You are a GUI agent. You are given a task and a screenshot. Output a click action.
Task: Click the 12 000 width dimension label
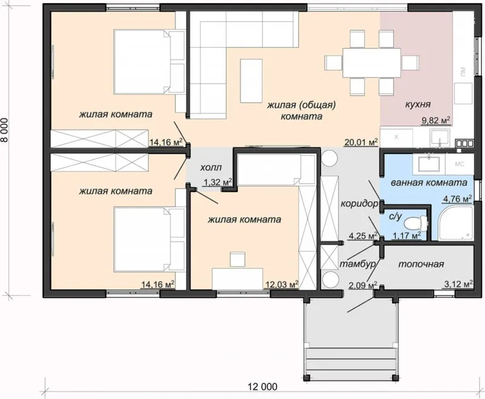pyautogui.click(x=263, y=387)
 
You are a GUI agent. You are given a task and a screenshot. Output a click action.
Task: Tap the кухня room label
pyautogui.click(x=418, y=104)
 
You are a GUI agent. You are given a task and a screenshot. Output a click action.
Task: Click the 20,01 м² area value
pyautogui.click(x=361, y=142)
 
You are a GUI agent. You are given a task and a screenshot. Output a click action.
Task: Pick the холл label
pyautogui.click(x=211, y=167)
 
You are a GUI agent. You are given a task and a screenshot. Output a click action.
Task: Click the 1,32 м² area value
pyautogui.click(x=218, y=182)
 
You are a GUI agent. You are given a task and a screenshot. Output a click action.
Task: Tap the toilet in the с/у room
pyautogui.click(x=416, y=222)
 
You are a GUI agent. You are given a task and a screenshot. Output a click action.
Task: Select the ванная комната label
pyautogui.click(x=429, y=183)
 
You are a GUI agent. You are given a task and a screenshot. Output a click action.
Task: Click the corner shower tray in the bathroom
pyautogui.click(x=457, y=223)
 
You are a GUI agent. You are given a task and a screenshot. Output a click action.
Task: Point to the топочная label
pyautogui.click(x=421, y=264)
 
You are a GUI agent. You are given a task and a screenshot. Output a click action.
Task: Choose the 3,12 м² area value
pyautogui.click(x=458, y=284)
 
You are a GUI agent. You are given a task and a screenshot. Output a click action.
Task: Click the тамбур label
pyautogui.click(x=358, y=264)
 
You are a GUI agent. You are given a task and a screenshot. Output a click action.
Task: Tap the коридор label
pyautogui.click(x=359, y=204)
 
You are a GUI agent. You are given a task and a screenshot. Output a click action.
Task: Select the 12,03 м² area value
pyautogui.click(x=281, y=284)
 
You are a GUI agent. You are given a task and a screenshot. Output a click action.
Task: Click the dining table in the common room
pyautogui.click(x=372, y=63)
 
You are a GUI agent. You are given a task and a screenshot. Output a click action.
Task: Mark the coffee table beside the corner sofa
pyautogui.click(x=252, y=81)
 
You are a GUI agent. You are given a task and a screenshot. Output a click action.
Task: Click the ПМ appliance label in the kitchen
pyautogui.click(x=463, y=72)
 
